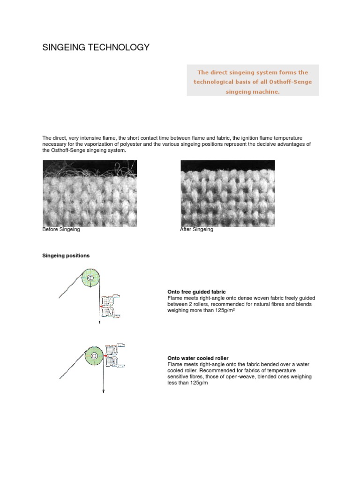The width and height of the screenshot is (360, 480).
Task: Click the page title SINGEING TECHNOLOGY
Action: point(96,47)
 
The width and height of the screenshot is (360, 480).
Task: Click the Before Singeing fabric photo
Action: point(90,193)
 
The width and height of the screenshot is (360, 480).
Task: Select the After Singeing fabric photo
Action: point(228,193)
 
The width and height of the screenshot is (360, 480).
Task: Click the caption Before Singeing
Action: point(61,230)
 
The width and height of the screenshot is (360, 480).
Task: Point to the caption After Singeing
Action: point(196,230)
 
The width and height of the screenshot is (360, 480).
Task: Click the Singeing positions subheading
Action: point(66,255)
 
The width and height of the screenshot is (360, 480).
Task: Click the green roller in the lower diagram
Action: point(94,356)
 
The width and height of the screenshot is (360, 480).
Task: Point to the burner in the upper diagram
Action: point(111,307)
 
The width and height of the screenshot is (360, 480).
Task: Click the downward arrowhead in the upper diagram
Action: point(100,322)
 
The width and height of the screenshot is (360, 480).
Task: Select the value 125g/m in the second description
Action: point(197,383)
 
